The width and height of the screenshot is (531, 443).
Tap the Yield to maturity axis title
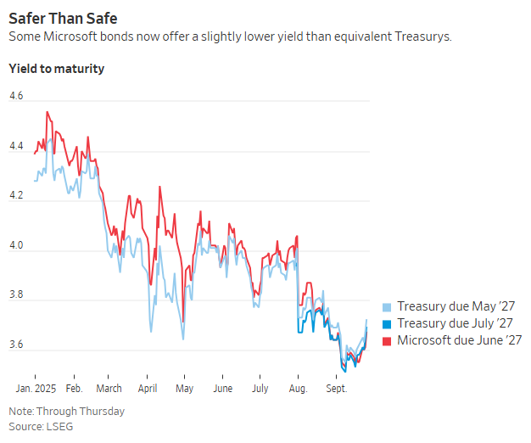click(56, 68)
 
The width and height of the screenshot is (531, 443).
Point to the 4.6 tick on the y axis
click(17, 97)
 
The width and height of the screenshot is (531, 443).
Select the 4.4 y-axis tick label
click(17, 146)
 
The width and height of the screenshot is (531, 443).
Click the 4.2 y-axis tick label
click(17, 196)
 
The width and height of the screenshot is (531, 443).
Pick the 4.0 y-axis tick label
click(17, 246)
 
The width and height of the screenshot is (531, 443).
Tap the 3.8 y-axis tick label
click(17, 295)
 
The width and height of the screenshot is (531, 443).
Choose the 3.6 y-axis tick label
click(17, 345)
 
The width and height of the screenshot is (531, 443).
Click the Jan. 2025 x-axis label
click(35, 388)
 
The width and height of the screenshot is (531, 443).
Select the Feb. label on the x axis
click(74, 388)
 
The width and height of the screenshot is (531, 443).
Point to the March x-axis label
click(109, 388)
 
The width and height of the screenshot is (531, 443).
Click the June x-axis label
click(222, 388)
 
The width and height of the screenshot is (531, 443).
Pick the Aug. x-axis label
click(299, 388)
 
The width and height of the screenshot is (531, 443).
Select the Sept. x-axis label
click(338, 388)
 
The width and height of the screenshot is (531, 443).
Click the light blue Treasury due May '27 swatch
click(388, 307)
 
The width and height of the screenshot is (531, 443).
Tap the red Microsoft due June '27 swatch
click(388, 341)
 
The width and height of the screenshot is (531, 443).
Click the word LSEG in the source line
click(59, 426)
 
